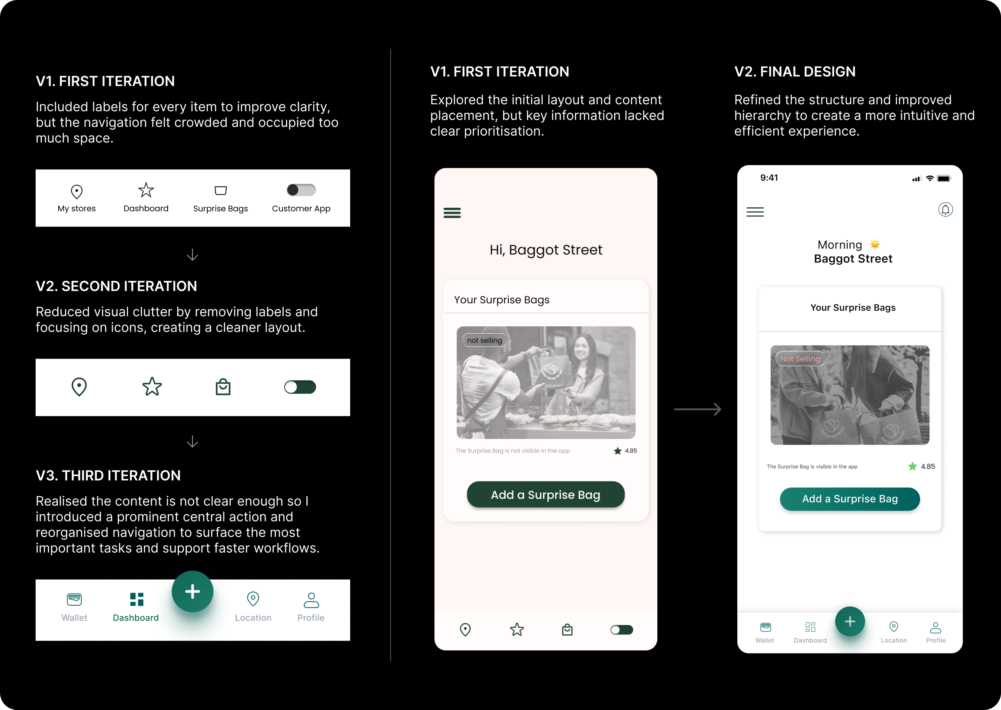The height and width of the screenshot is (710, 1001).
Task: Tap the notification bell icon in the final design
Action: coord(945,210)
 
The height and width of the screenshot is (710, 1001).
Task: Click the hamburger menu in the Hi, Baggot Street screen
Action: coord(452,213)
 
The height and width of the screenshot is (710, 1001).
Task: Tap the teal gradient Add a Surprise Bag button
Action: coord(850,499)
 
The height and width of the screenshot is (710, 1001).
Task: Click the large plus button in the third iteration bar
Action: coord(192,591)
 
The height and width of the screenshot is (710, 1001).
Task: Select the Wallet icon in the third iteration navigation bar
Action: coord(74,599)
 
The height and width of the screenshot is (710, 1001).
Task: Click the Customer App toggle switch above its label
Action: coord(301,190)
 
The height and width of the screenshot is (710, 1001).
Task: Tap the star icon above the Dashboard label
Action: coord(146,190)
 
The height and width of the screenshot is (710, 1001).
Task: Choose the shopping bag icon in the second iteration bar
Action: coord(223,387)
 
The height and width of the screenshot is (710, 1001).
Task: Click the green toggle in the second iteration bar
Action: coord(300,387)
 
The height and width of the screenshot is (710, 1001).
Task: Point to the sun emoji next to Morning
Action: coord(875,244)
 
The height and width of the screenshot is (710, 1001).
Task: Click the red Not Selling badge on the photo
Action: coord(800,359)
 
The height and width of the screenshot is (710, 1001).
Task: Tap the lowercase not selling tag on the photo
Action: coord(484,340)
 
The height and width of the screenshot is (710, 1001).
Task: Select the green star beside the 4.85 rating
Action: coord(912,467)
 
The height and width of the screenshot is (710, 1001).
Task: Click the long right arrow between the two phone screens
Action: coord(698,409)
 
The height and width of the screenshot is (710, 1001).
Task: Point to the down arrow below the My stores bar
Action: coord(192,255)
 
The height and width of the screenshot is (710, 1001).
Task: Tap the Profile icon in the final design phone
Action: coord(935,628)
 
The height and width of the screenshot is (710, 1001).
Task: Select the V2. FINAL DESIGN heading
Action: coord(795,72)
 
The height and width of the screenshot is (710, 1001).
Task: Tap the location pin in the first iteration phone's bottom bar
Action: coord(465,630)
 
